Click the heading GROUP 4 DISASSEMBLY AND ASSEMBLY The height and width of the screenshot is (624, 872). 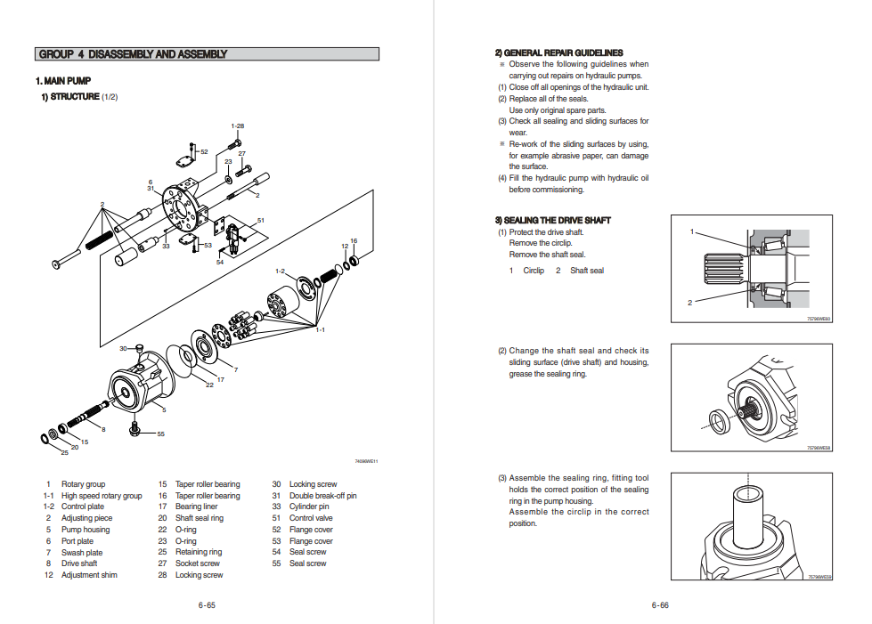132,54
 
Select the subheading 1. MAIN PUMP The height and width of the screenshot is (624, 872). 63,81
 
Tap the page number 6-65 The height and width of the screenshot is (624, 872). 207,605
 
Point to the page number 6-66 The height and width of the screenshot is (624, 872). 660,605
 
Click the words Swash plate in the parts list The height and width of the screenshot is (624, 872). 82,553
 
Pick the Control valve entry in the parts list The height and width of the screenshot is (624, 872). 311,518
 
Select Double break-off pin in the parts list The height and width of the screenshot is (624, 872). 322,496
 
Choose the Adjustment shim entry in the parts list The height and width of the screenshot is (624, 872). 89,575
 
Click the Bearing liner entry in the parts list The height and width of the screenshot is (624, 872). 196,507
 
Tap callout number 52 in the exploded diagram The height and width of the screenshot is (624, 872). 204,152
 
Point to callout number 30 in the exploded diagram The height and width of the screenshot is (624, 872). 124,348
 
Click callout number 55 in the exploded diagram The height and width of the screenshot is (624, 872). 161,434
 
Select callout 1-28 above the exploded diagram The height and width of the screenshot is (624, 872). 238,126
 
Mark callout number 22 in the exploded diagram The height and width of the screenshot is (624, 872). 210,385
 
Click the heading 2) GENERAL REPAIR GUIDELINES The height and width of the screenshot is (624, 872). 558,53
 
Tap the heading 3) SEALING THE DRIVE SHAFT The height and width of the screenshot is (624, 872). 552,220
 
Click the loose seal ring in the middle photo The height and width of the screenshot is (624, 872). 717,420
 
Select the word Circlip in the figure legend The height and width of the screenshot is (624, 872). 534,271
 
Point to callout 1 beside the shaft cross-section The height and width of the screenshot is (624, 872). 692,231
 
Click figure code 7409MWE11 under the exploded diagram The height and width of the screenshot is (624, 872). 366,461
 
